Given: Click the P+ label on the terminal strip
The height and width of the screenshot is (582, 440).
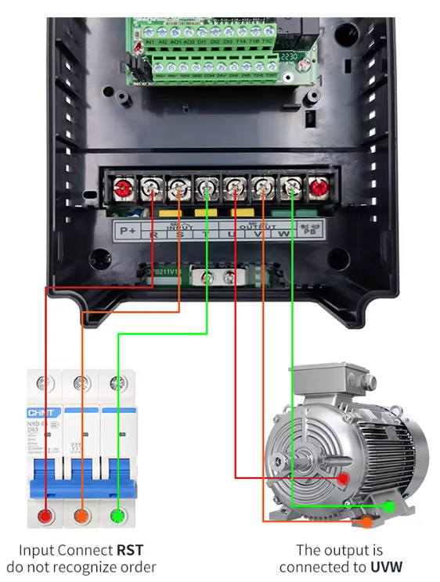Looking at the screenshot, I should [125, 231].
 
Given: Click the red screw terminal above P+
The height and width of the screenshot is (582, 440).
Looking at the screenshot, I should [123, 188].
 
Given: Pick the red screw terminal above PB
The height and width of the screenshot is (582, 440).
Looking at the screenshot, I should [318, 188].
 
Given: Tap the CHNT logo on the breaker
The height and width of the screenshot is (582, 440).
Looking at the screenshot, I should [41, 413].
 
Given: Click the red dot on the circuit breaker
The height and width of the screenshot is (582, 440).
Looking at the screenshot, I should [45, 516].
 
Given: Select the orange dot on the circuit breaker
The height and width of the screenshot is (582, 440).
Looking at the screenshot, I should [81, 516].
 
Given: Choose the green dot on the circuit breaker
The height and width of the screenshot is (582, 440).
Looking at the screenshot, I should [117, 516].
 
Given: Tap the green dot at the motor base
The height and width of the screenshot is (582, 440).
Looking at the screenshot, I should [388, 507].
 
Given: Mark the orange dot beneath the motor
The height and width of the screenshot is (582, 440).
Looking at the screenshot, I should [366, 521].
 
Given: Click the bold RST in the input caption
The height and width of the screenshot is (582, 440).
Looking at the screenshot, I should [129, 550].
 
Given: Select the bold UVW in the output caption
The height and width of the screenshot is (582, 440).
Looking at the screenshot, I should [386, 566].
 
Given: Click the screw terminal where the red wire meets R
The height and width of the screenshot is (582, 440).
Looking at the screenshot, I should [151, 188].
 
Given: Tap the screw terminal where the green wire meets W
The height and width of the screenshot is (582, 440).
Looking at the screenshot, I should [290, 188].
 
